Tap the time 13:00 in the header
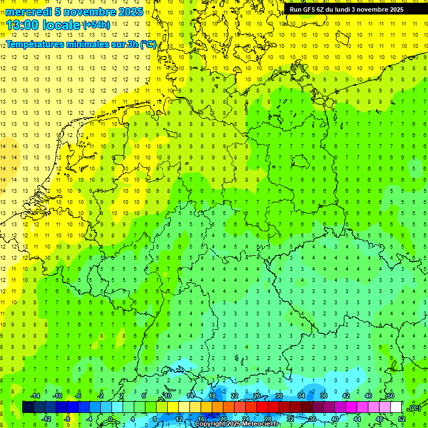point(23,26)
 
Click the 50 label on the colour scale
point(391,396)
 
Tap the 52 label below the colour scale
point(402,419)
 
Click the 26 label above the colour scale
point(257,396)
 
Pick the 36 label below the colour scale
point(313,419)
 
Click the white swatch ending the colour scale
point(396,407)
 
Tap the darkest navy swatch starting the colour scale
point(28,407)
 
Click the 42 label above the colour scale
point(346,396)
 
